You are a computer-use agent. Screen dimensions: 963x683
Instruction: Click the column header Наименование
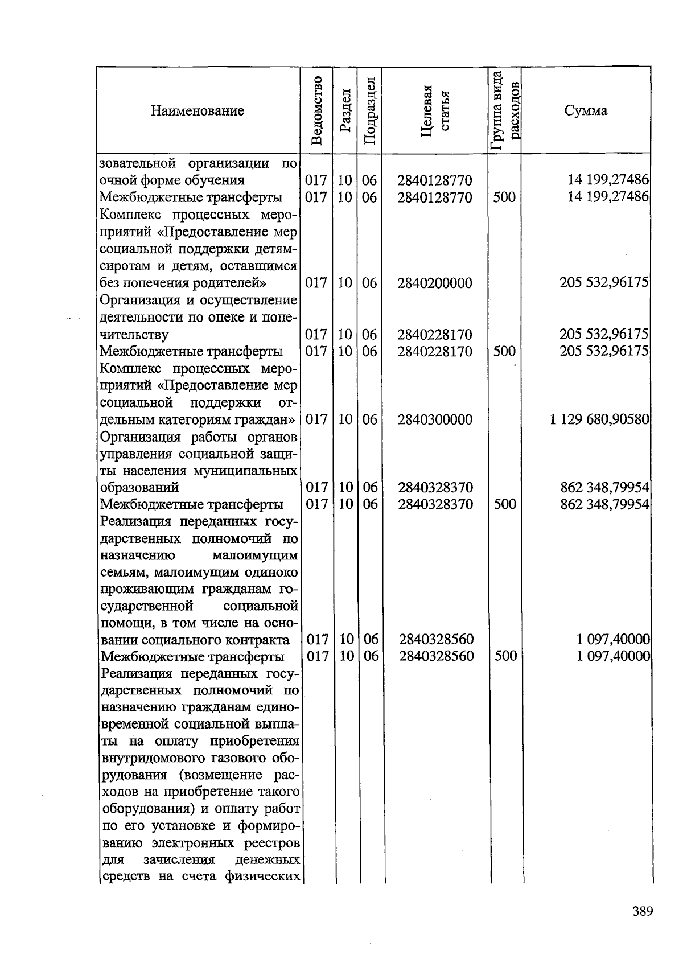(x=198, y=110)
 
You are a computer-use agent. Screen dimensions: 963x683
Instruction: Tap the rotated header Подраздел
(x=369, y=110)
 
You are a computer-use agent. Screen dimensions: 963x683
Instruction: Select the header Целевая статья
(x=435, y=110)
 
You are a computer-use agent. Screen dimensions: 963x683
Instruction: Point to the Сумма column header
(x=586, y=110)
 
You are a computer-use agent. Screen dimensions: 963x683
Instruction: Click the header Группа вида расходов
(x=505, y=110)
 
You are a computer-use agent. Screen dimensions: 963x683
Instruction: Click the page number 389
(x=642, y=911)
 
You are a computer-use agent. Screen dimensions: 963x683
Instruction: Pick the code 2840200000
(x=435, y=283)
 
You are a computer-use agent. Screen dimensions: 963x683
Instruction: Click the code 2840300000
(x=435, y=419)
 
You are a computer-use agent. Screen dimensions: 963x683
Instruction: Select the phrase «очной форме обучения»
(x=172, y=180)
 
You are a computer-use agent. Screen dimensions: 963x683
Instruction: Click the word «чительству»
(x=134, y=334)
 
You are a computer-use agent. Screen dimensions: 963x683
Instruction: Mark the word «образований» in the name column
(x=139, y=487)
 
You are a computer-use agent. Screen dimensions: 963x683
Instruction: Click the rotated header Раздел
(x=344, y=110)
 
